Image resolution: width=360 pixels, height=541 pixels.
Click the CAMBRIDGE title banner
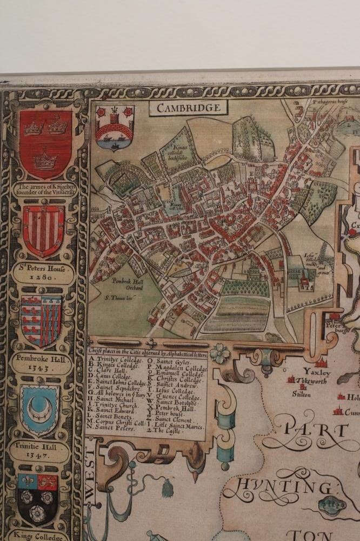(189, 108)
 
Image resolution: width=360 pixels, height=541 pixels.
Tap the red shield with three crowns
(46, 143)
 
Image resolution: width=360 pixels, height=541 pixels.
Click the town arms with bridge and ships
(107, 128)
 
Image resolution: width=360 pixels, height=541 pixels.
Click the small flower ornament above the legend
(219, 354)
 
